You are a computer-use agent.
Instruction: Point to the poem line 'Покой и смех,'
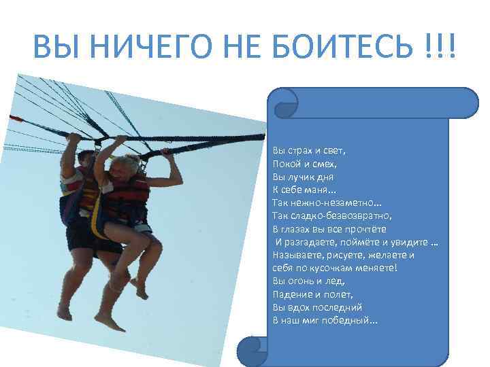pyautogui.click(x=300, y=163)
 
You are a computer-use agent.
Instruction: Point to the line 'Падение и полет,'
pyautogui.click(x=312, y=294)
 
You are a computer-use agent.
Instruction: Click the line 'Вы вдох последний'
pyautogui.click(x=317, y=307)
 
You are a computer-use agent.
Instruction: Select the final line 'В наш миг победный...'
pyautogui.click(x=325, y=319)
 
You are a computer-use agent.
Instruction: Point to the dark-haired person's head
pyautogui.click(x=85, y=160)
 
